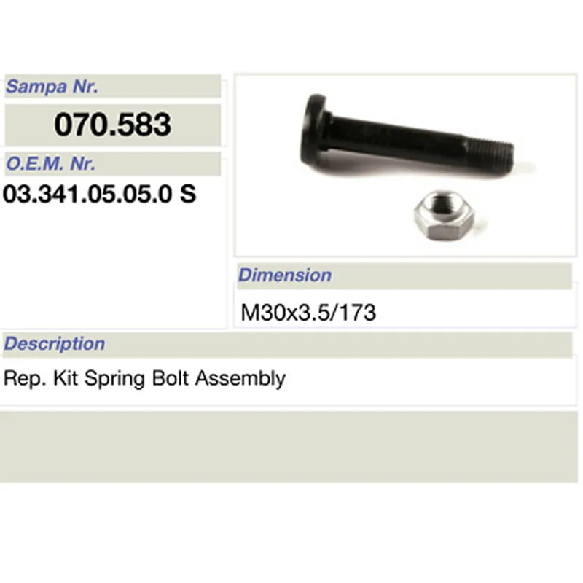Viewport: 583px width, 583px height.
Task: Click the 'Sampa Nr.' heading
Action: tap(52, 87)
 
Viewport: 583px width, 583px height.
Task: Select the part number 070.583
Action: tap(112, 125)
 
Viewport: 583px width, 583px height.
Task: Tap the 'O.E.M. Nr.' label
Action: tap(50, 164)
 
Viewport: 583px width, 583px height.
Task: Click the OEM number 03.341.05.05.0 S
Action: tap(100, 195)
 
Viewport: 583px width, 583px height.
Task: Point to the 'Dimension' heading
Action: tap(285, 275)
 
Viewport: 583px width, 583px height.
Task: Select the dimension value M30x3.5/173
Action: tap(308, 313)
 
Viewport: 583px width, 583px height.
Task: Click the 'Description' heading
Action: tap(55, 343)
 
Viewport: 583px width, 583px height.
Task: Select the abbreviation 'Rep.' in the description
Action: tap(20, 379)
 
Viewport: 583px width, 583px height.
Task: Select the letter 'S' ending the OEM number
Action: tap(188, 195)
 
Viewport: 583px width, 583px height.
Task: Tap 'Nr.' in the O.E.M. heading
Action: tap(82, 164)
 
